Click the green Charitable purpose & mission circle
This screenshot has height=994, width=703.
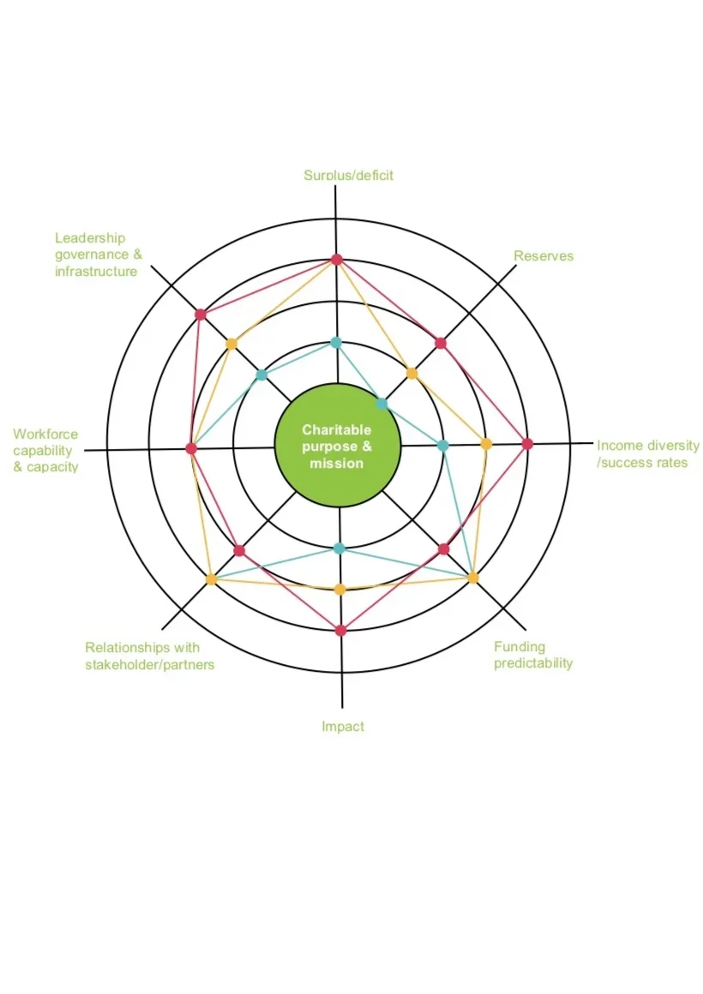point(337,446)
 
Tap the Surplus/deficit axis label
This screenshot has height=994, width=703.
point(348,175)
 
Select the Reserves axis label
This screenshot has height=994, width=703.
point(544,255)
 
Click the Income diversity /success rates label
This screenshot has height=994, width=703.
point(647,454)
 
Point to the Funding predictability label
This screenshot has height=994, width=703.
point(532,655)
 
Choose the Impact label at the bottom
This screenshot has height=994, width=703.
point(343,726)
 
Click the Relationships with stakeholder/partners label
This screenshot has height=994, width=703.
point(149,656)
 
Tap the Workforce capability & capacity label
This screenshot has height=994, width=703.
point(45,451)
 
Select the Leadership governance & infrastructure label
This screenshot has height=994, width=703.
point(98,254)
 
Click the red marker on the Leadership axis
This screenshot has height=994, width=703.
point(201,314)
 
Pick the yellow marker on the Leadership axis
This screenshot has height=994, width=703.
point(231,344)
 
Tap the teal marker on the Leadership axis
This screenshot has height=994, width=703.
point(261,374)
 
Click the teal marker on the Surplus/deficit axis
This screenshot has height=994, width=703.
point(336,343)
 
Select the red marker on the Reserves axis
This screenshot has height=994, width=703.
point(441,343)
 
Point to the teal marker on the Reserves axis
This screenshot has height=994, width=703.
point(382,404)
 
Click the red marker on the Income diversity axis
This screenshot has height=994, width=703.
point(527,444)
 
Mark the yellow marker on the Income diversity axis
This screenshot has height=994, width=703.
point(486,444)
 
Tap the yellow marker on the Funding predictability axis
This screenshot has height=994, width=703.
point(472,578)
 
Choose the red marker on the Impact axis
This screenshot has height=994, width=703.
point(340,630)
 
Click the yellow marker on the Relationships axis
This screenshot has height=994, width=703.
point(211,579)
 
